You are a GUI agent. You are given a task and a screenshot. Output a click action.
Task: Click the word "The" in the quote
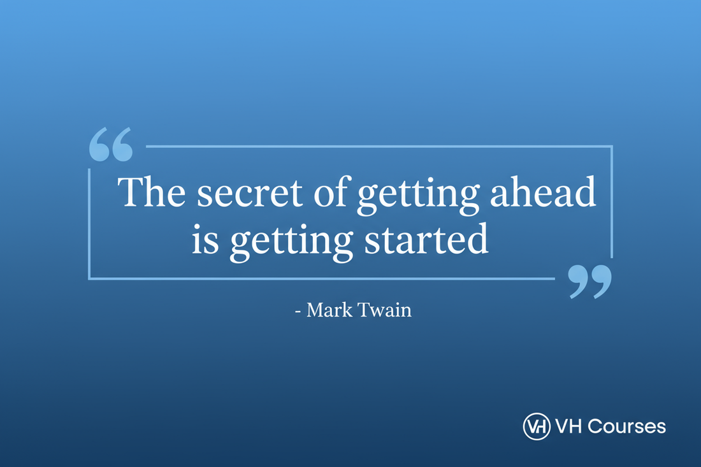[x=151, y=192]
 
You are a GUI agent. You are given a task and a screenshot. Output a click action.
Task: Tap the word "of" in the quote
[x=330, y=192]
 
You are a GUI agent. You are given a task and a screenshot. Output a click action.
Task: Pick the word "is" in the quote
[x=205, y=241]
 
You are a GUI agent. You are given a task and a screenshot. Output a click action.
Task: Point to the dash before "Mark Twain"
[x=298, y=312]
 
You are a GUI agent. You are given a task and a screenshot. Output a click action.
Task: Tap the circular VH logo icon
[x=536, y=426]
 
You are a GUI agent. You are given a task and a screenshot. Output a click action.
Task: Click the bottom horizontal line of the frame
[x=319, y=278]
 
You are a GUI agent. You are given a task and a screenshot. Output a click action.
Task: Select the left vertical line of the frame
[x=89, y=223]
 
